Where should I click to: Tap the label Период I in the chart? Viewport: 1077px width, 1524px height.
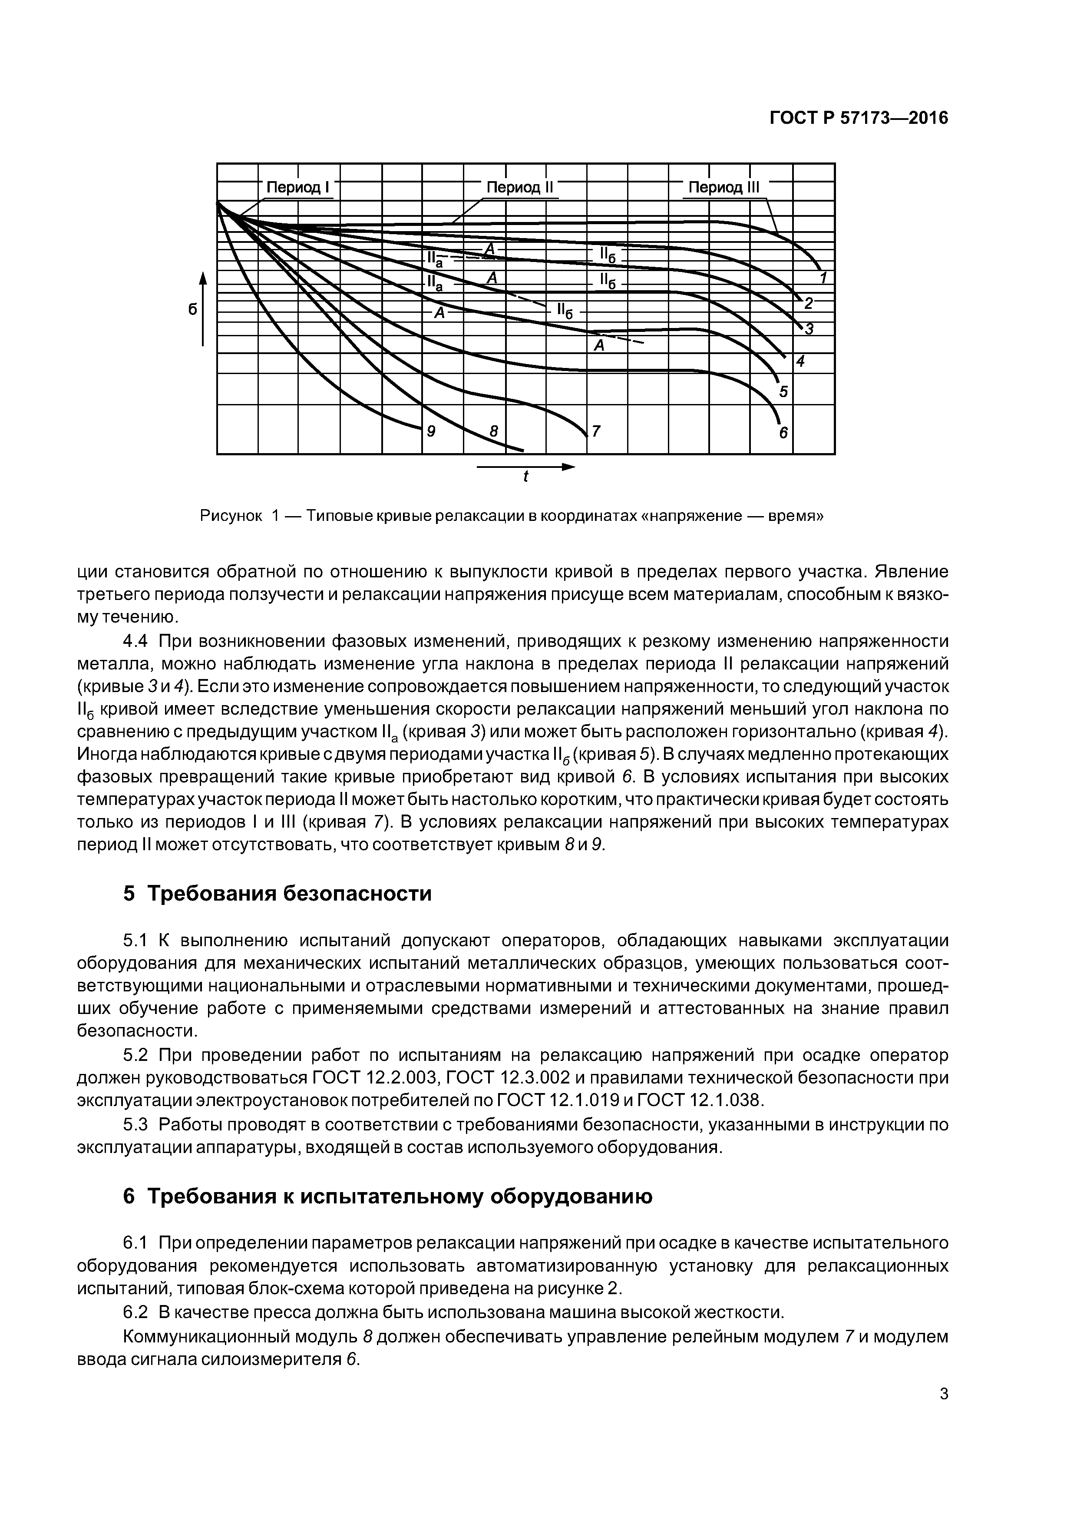coord(298,187)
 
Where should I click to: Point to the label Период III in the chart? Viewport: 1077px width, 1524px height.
coord(724,187)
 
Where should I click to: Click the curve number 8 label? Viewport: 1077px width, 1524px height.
coord(493,431)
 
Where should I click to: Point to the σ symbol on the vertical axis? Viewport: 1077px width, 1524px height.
coord(192,308)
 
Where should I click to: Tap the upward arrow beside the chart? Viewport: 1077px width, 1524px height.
coord(203,308)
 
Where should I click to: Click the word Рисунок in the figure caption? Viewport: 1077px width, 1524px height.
coord(231,516)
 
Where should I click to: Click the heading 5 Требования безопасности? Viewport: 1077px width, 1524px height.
coord(278,894)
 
